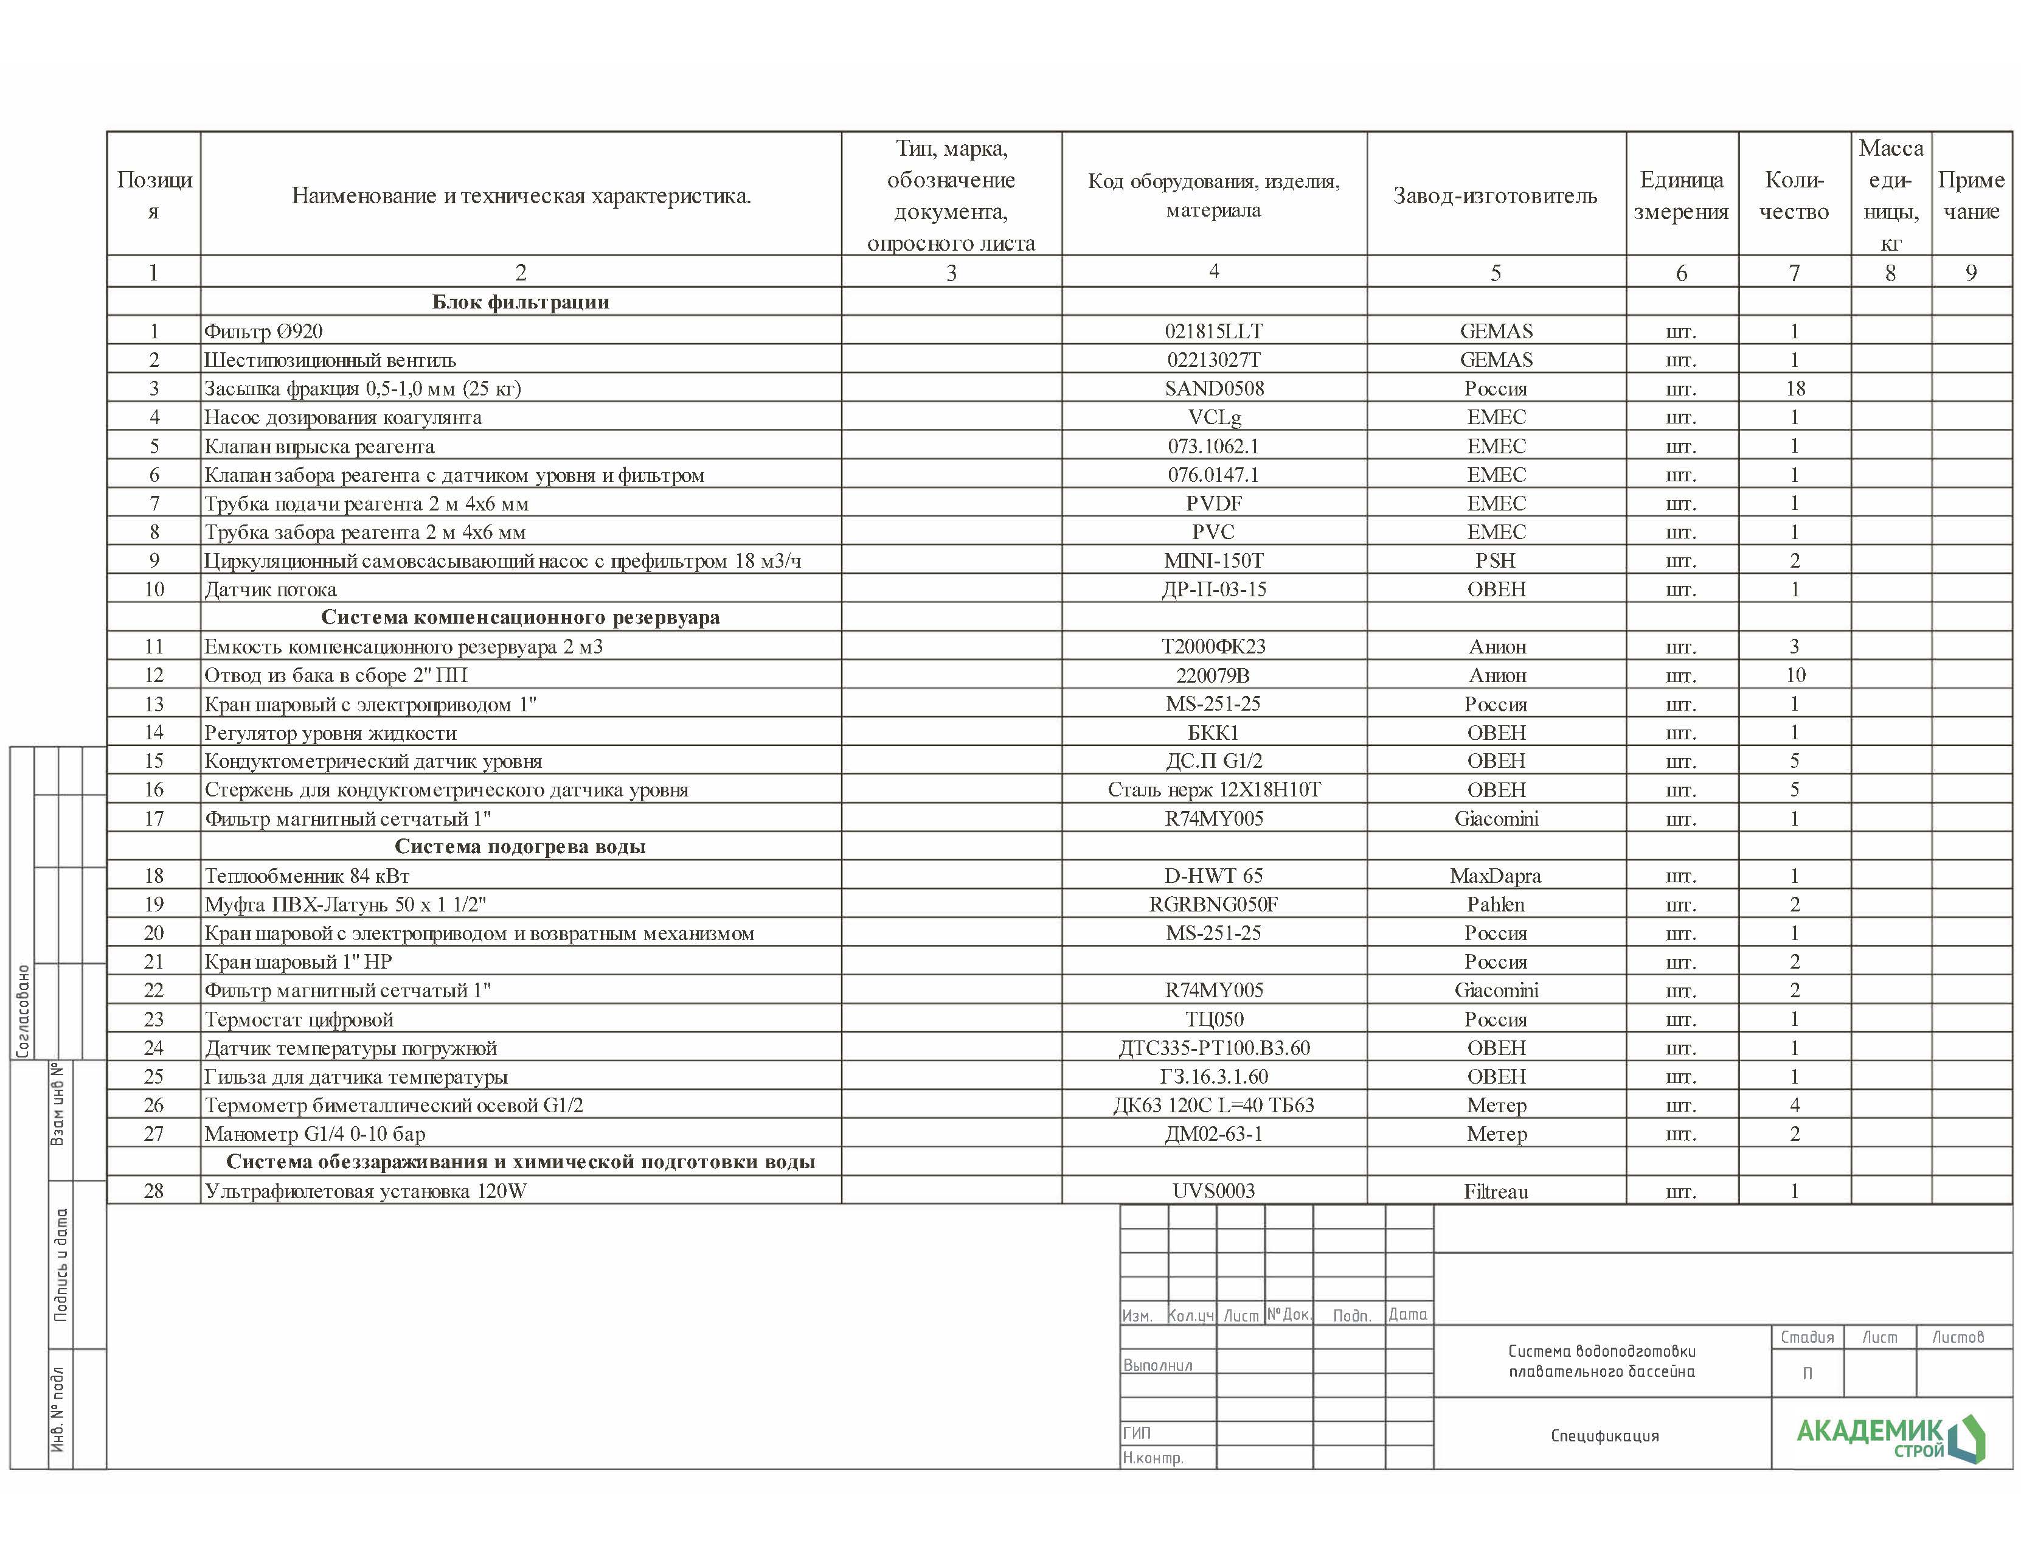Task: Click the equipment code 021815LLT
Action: point(1213,332)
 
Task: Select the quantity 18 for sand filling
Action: point(1794,389)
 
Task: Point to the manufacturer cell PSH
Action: point(1496,561)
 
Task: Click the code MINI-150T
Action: point(1213,561)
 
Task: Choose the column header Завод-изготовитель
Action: point(1496,195)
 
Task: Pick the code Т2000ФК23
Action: point(1213,647)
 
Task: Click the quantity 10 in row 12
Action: point(1794,676)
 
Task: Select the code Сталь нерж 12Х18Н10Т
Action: point(1213,790)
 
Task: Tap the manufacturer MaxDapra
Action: point(1496,876)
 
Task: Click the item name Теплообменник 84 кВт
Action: point(307,876)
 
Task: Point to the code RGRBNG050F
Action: point(1213,904)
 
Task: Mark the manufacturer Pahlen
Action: point(1496,904)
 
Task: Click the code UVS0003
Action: point(1213,1191)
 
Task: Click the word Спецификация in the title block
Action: point(1604,1436)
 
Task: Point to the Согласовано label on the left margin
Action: point(23,1011)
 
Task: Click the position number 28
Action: point(154,1191)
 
